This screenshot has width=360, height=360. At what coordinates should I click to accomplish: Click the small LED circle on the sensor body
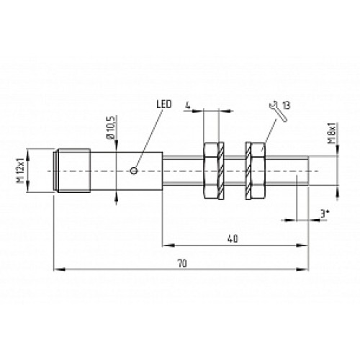[136, 171]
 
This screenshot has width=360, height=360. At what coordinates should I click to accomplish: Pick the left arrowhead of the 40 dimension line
[164, 243]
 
